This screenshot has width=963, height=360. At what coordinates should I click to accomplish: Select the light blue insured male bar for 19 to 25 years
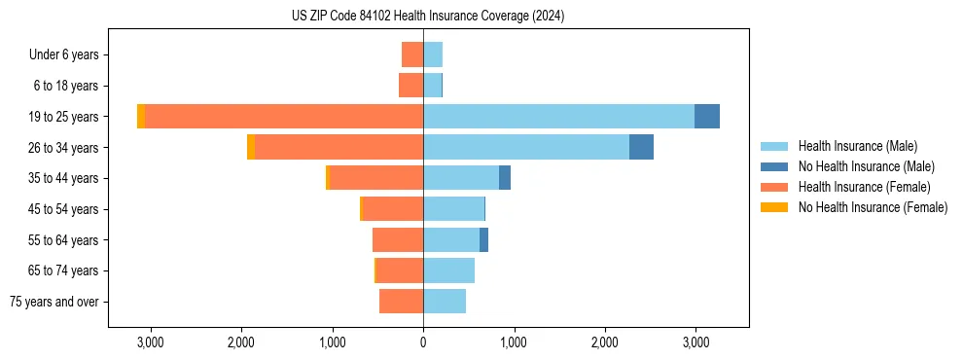click(x=558, y=117)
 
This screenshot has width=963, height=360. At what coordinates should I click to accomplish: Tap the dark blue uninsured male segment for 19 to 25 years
click(x=707, y=117)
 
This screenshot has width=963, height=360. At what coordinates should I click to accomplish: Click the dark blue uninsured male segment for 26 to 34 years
click(x=641, y=147)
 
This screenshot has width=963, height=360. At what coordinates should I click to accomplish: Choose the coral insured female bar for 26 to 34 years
click(x=339, y=147)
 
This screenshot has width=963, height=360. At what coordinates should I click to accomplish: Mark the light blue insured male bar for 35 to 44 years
click(x=461, y=178)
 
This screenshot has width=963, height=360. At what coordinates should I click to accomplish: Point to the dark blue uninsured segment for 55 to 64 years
click(x=483, y=239)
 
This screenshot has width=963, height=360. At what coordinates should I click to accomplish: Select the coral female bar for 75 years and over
click(x=401, y=302)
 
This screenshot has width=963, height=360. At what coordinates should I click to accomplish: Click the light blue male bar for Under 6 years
click(x=433, y=54)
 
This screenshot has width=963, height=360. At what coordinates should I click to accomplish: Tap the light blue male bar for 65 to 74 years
click(x=448, y=270)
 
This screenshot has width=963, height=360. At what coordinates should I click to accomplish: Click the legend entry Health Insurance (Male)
click(x=857, y=146)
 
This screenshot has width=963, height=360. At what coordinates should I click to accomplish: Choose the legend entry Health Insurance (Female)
click(x=864, y=187)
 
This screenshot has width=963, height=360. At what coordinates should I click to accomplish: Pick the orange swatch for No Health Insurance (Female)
click(x=774, y=207)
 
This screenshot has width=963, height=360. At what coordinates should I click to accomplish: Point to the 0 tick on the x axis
click(x=423, y=342)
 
